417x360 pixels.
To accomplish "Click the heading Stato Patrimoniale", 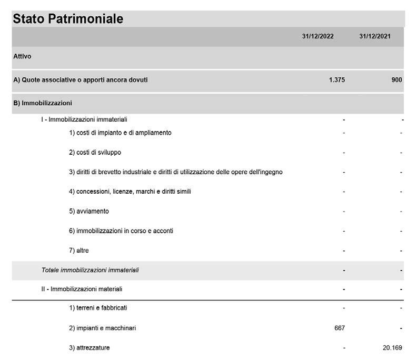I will pyautogui.click(x=68, y=19).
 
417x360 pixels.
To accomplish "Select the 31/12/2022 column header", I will pyautogui.click(x=317, y=37).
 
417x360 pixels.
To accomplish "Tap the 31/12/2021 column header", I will pyautogui.click(x=375, y=37).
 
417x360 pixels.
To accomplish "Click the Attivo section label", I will pyautogui.click(x=22, y=56).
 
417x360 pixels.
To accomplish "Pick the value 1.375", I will pyautogui.click(x=336, y=80).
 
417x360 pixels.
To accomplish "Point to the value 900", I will pyautogui.click(x=396, y=80).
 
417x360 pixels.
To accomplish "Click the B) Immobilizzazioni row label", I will pyautogui.click(x=43, y=103).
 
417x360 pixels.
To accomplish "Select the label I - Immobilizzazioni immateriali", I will pyautogui.click(x=84, y=119).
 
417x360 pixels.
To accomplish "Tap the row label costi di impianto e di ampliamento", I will pyautogui.click(x=120, y=133).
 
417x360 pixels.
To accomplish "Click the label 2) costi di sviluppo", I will pyautogui.click(x=95, y=153).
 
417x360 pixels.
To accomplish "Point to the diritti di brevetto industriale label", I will pyautogui.click(x=176, y=172).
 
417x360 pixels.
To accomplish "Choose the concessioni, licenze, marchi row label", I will pyautogui.click(x=130, y=192).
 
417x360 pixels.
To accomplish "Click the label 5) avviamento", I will pyautogui.click(x=89, y=211).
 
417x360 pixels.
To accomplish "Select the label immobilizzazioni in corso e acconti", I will pyautogui.click(x=121, y=231).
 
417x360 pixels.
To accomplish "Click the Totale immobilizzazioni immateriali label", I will pyautogui.click(x=90, y=271).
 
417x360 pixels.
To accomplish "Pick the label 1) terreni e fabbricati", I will pyautogui.click(x=98, y=308).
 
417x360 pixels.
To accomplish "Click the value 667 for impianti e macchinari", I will pyautogui.click(x=340, y=328).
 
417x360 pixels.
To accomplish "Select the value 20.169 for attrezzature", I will pyautogui.click(x=391, y=348).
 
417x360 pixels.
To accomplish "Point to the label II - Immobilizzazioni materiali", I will pyautogui.click(x=82, y=289).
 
